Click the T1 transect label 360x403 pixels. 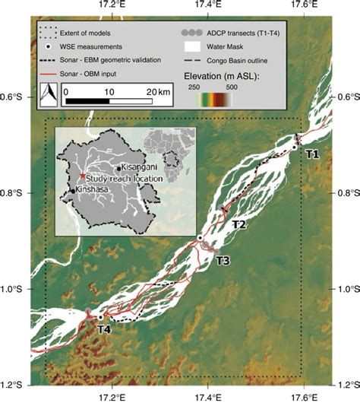tap(312, 154)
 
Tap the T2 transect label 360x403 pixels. tap(238, 225)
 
